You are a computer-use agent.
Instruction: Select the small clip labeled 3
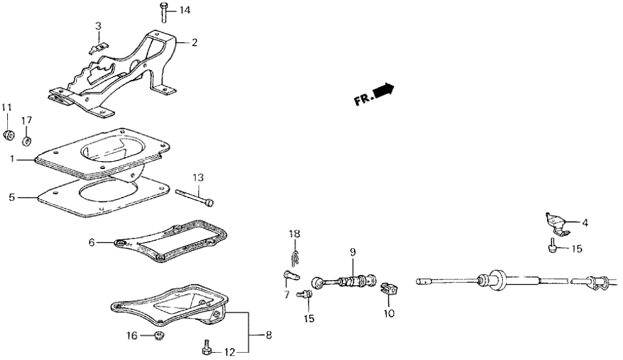pyautogui.click(x=96, y=47)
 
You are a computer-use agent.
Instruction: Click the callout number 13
pyautogui.click(x=197, y=177)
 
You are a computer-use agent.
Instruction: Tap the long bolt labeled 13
pyautogui.click(x=195, y=197)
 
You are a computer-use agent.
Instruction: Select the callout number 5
pyautogui.click(x=10, y=197)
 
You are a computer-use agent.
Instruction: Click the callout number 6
pyautogui.click(x=92, y=242)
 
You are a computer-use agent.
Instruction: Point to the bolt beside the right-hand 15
pyautogui.click(x=552, y=246)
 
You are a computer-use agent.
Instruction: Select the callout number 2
pyautogui.click(x=194, y=43)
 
